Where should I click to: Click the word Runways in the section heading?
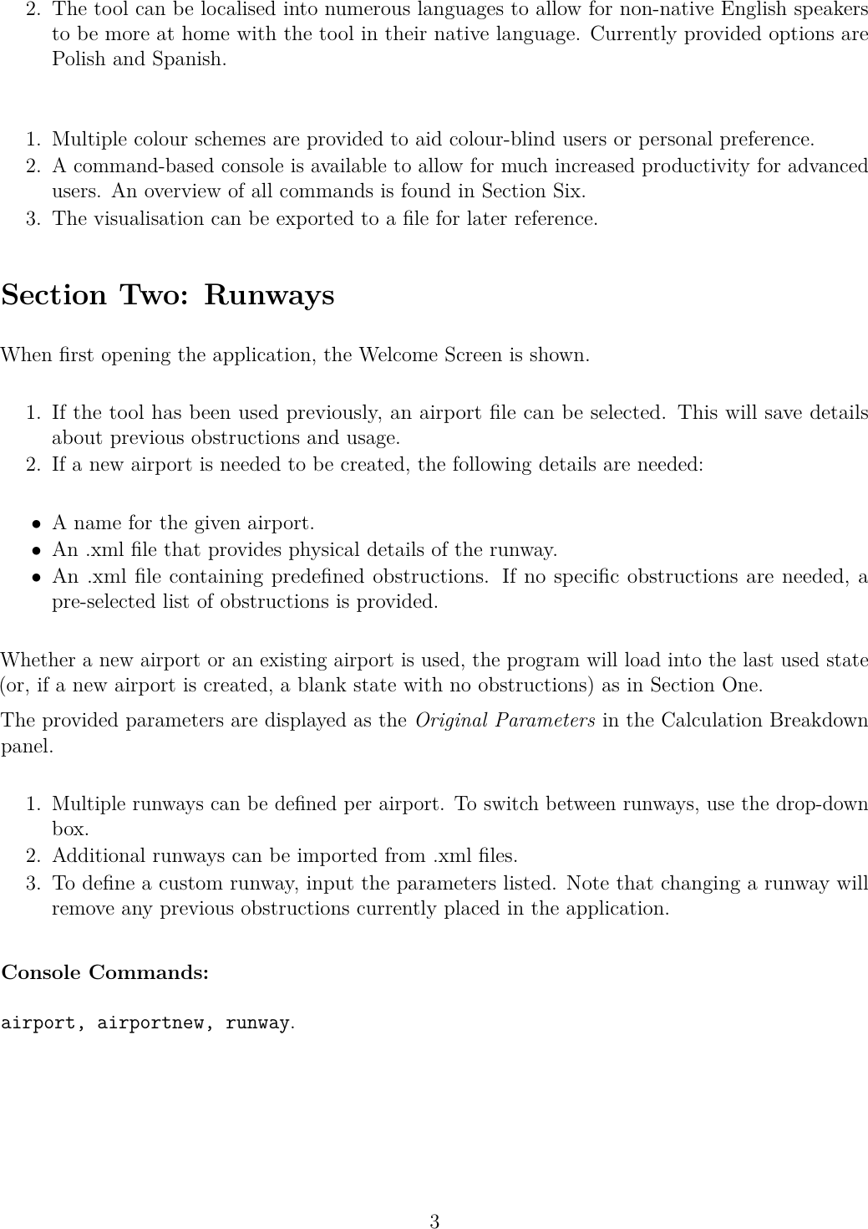tap(269, 296)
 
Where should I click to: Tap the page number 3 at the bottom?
tap(434, 1221)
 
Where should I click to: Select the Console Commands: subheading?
tap(105, 973)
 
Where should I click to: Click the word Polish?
tap(79, 60)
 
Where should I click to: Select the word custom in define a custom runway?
tap(149, 884)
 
